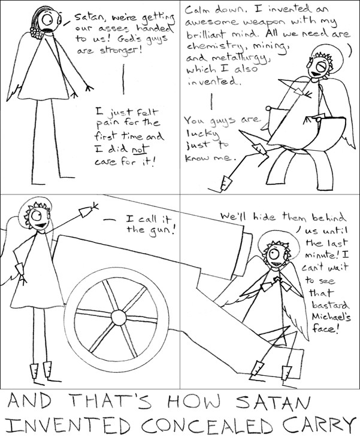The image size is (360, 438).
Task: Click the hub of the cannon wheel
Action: tap(119, 318)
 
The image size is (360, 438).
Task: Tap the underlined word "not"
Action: tap(140, 150)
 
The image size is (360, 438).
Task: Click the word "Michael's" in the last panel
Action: tap(331, 317)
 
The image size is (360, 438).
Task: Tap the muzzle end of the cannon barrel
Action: tap(245, 253)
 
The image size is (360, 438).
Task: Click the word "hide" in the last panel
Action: tap(265, 217)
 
